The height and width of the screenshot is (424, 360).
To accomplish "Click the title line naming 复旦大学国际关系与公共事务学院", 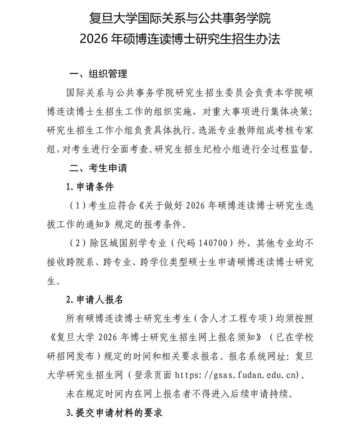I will (180, 19).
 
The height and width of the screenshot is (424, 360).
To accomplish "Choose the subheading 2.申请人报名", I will (94, 299).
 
